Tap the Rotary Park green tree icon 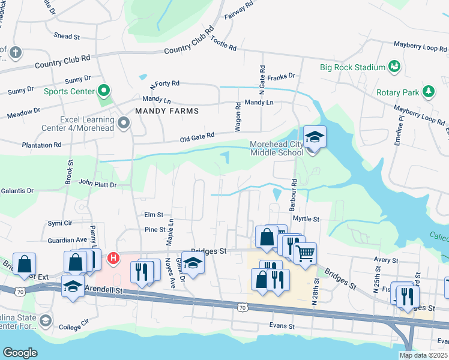coord(429,91)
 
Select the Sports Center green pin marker coord(104,91)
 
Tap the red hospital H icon coord(112,259)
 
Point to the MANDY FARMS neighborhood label coord(166,111)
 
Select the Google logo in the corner coord(20,352)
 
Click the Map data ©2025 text coord(423,355)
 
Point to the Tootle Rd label coord(223,45)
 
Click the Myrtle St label coord(306,220)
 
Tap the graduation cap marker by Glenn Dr coord(193,263)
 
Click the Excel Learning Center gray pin coord(124,123)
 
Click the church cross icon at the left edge coord(15,52)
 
